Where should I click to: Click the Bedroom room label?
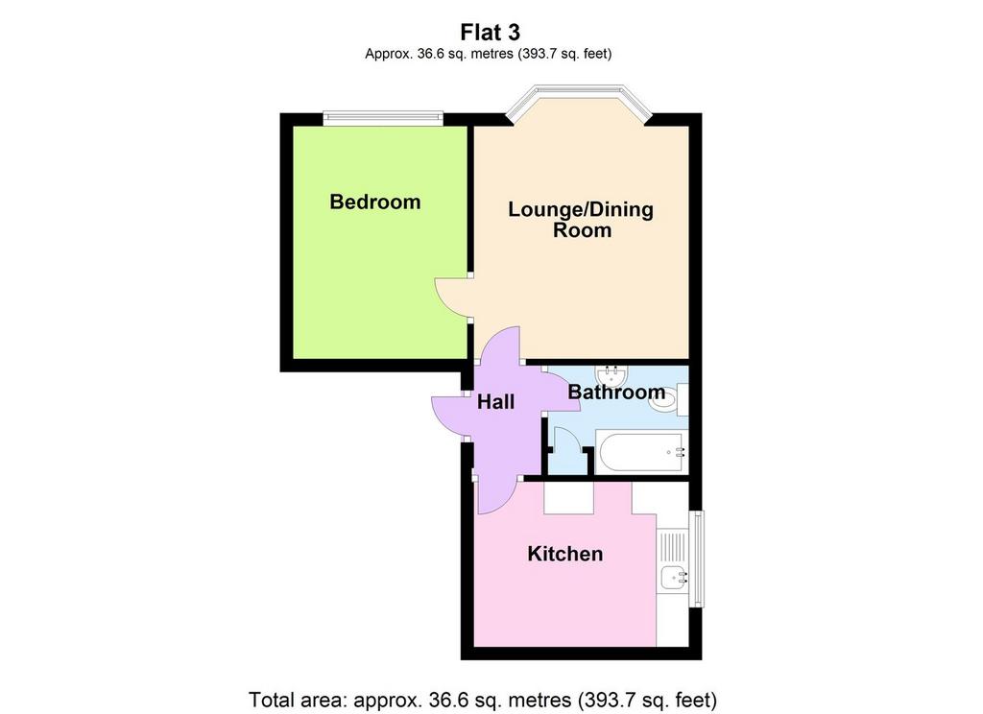375,202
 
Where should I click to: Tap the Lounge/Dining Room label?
581,219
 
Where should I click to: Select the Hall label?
496,402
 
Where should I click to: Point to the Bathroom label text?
616,393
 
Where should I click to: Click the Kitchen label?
564,554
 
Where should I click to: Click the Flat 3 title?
490,32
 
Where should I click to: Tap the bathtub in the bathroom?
641,452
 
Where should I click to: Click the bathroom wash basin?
611,376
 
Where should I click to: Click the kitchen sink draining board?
673,546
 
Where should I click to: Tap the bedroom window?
383,118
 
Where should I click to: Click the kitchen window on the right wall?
696,559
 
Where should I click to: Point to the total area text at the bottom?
483,699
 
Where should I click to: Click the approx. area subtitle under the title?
489,54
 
